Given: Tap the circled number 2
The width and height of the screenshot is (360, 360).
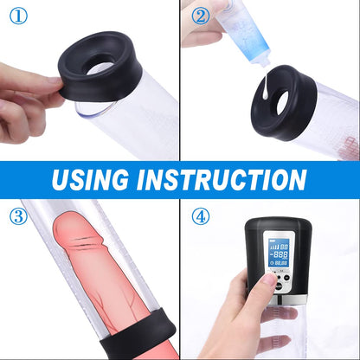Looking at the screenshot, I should coord(200,16).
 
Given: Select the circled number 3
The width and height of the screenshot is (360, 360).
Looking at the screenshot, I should coord(18,215).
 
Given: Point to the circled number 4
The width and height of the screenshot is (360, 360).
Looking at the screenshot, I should coord(201,215).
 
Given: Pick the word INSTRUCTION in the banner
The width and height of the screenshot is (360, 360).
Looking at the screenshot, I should coord(233,179).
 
